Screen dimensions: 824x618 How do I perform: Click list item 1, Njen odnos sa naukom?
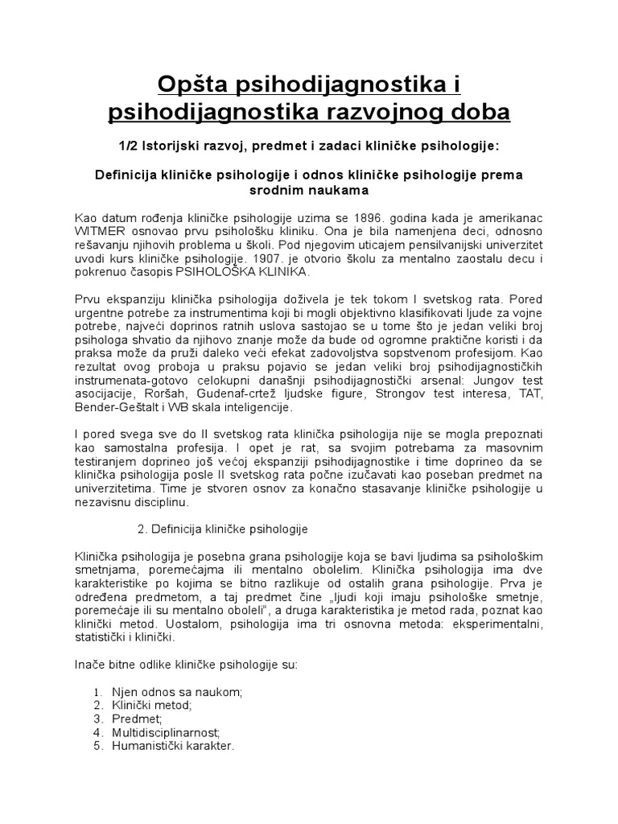(178, 692)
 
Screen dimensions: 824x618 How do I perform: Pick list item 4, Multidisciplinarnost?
(167, 732)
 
